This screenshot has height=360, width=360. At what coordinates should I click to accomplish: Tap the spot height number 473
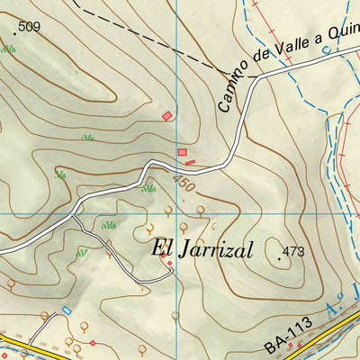tap(294, 251)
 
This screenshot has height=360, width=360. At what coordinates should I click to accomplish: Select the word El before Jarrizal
tap(161, 247)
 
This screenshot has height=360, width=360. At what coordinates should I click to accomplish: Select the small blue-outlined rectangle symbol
tap(66, 310)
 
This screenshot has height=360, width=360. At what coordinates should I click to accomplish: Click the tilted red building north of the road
tap(166, 114)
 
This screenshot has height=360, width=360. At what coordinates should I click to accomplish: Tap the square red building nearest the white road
tap(182, 153)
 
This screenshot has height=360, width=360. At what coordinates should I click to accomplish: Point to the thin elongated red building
tap(190, 162)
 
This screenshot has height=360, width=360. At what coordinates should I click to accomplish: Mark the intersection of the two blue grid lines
tap(176, 214)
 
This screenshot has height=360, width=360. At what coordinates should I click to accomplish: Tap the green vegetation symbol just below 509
tap(9, 49)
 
